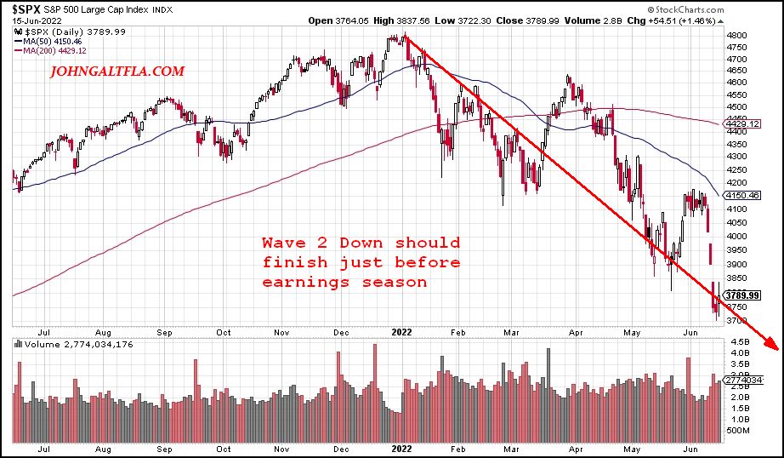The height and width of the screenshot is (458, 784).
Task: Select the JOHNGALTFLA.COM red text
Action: click(x=117, y=72)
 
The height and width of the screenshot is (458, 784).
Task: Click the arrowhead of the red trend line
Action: click(x=771, y=345)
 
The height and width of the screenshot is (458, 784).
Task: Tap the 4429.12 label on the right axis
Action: click(x=741, y=124)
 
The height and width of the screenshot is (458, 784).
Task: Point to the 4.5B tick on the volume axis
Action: click(x=736, y=342)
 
